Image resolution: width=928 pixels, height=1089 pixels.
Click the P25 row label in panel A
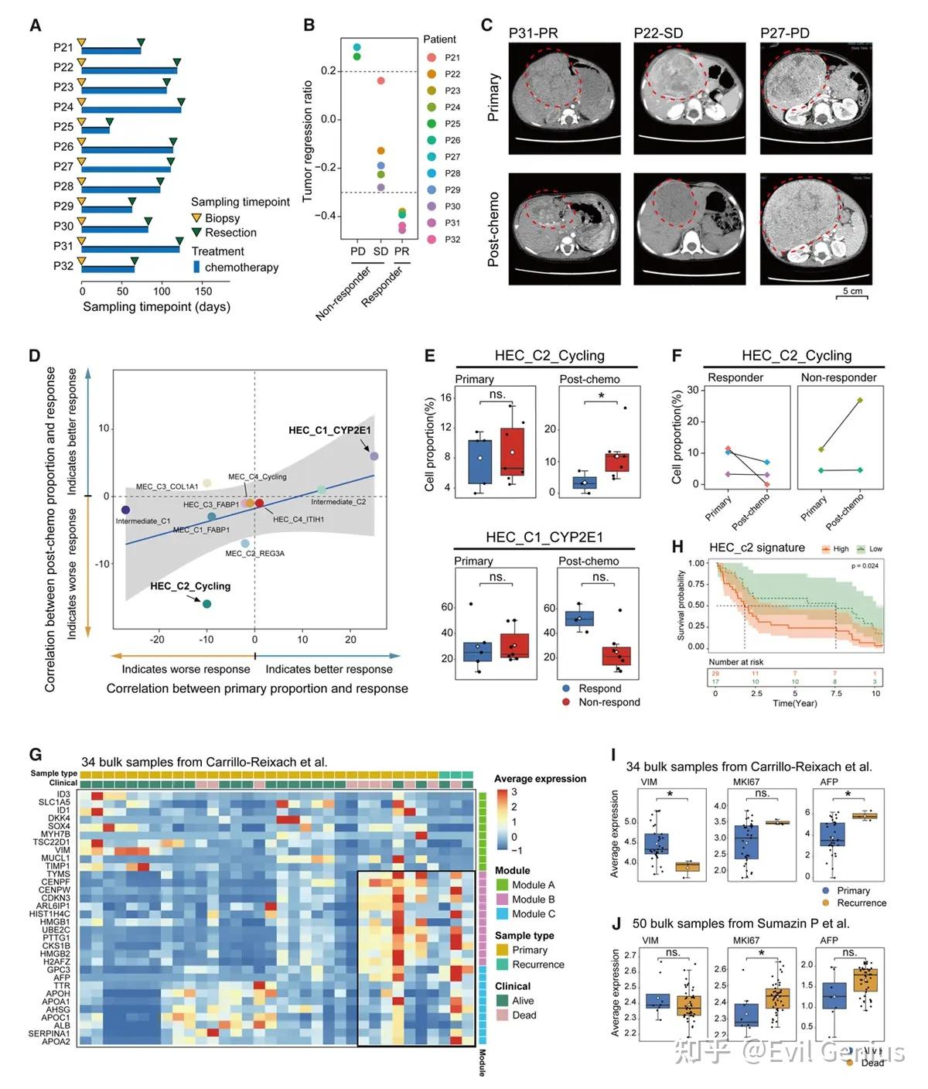click(63, 127)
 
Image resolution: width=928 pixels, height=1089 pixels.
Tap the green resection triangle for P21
click(141, 43)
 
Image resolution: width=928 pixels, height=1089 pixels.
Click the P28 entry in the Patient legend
click(452, 173)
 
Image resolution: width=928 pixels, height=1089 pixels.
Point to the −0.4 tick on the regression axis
click(328, 216)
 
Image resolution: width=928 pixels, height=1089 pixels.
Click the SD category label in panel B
click(380, 251)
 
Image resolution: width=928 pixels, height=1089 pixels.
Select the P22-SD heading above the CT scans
click(658, 33)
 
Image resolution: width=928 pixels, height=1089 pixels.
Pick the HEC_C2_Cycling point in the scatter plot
click(206, 603)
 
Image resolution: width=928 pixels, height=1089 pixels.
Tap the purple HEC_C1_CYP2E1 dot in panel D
click(374, 456)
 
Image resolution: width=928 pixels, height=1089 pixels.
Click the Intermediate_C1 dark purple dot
click(125, 510)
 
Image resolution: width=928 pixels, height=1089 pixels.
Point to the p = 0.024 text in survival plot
click(865, 566)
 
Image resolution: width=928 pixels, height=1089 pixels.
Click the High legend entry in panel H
click(836, 549)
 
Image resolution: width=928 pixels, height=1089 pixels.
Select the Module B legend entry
click(533, 900)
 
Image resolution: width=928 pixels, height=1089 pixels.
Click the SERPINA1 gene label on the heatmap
click(49, 1033)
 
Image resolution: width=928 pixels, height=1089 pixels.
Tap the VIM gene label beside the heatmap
click(63, 850)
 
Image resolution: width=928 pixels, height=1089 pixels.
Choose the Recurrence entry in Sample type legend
click(537, 964)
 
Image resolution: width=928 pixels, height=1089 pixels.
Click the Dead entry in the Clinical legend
click(524, 1015)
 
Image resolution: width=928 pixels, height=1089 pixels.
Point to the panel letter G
click(35, 754)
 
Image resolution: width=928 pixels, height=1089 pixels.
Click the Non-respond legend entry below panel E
click(609, 702)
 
